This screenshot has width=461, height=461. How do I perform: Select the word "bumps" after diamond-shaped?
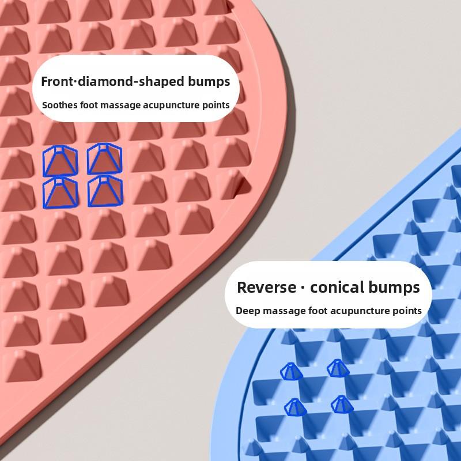point(209,82)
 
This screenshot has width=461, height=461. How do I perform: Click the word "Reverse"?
point(266,287)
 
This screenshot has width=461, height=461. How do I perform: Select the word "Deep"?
point(248,311)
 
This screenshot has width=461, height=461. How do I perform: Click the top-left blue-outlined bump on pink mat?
point(61,161)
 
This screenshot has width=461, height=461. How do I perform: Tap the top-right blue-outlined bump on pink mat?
point(105,158)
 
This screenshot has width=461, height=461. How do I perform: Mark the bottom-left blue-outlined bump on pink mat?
point(61,193)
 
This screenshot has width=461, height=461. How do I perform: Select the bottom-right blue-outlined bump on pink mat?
point(105,191)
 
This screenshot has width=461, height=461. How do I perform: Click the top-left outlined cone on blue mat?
point(292,372)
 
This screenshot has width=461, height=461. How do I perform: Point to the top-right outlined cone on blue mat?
point(338,368)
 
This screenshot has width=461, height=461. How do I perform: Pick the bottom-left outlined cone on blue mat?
point(296,407)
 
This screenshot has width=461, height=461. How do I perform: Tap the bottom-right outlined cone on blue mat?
point(342,405)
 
